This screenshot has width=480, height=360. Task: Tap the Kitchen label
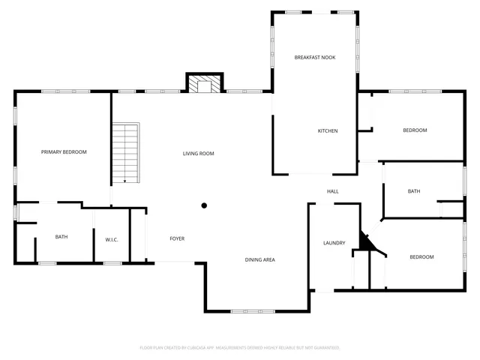(328, 130)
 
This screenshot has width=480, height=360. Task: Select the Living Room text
(199, 153)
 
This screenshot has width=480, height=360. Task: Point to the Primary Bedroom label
(64, 151)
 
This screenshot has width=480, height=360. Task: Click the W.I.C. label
(112, 239)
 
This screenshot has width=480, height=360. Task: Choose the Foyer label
(177, 238)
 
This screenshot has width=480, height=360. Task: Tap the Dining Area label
(259, 259)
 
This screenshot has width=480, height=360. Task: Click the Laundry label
(334, 243)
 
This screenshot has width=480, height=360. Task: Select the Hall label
(332, 191)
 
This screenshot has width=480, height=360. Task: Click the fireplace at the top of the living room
(204, 84)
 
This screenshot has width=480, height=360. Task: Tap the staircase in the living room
(127, 153)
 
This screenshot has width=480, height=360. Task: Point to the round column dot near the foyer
(204, 205)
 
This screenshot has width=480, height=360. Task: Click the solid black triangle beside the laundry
(365, 242)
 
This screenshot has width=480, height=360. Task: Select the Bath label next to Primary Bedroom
(61, 237)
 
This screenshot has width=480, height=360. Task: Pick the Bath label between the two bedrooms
(414, 191)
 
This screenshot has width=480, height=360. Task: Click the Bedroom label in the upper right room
(415, 130)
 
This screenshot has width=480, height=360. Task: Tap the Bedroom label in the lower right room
(421, 257)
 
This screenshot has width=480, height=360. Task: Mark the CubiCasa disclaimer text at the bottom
(240, 348)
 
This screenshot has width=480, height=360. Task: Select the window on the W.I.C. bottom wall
(112, 262)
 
